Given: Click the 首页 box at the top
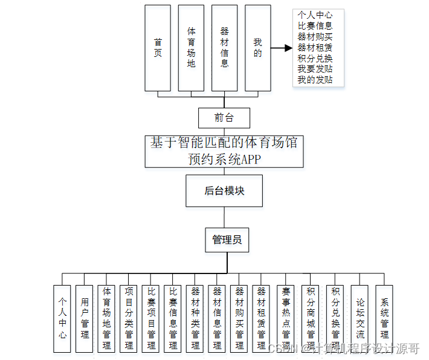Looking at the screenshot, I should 158,48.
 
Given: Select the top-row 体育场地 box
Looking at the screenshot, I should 191,48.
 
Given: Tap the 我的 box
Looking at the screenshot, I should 258,48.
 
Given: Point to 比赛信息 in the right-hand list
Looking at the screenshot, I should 315,25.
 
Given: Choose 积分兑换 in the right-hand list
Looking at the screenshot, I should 315,58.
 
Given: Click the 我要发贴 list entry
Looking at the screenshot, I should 315,69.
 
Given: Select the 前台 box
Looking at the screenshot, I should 224,117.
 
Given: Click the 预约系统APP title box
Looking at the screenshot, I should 224,151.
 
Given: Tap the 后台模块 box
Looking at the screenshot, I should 224,191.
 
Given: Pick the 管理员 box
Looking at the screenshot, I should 227,240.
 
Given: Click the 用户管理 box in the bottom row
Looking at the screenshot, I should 85,319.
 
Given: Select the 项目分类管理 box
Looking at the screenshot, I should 128,319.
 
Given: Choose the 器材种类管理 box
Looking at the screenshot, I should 195,319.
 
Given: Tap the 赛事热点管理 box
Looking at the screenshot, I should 286,319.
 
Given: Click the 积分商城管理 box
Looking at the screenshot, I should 311,319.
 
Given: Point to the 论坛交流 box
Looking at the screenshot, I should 360,319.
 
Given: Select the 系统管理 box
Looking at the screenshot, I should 384,319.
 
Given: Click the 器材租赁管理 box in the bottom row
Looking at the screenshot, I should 261,319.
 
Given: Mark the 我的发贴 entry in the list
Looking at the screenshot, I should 315,80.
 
